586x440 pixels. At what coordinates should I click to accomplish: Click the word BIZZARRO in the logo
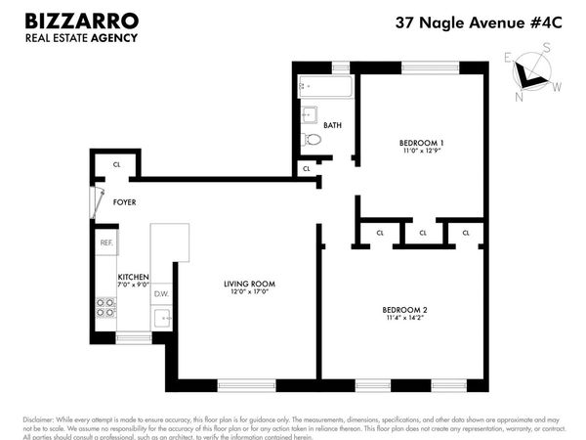click(82, 21)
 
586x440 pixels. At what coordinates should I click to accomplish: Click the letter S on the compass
click(547, 48)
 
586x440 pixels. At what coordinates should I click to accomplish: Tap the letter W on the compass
click(557, 87)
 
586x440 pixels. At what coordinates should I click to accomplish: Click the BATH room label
click(332, 125)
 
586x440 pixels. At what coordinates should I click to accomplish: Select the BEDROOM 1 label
click(422, 143)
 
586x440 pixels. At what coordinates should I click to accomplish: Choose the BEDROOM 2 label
click(405, 311)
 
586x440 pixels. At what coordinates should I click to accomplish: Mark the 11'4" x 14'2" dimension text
click(405, 321)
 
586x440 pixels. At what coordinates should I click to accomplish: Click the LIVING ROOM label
click(248, 284)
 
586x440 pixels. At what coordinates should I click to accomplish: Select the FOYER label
click(124, 202)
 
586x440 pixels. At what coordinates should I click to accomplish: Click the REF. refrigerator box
click(105, 242)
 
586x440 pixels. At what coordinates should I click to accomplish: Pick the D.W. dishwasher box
click(162, 293)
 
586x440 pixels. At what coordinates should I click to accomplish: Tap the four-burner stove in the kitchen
click(105, 315)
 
